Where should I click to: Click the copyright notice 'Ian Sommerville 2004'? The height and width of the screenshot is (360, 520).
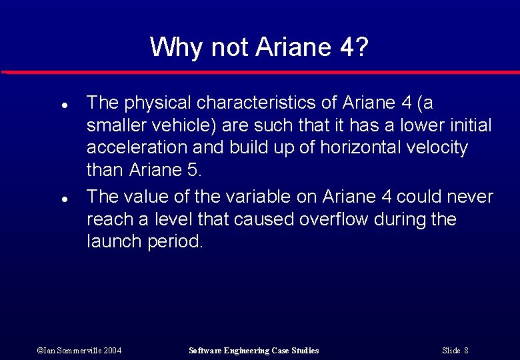click(x=79, y=351)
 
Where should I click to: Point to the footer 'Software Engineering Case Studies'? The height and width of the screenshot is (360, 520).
click(x=254, y=351)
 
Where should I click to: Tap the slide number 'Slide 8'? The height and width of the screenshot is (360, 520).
click(x=455, y=351)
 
